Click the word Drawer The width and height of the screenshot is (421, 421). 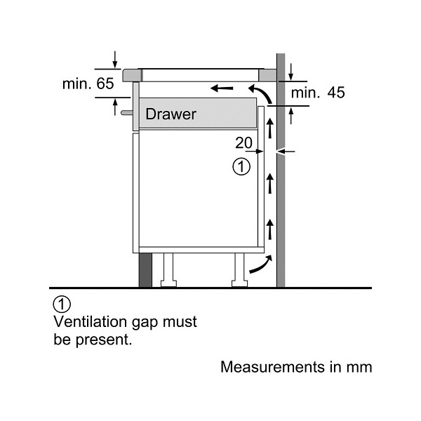pos(171,114)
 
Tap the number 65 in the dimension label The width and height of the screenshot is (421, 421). pos(105,83)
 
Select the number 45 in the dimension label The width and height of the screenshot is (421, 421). pos(336,93)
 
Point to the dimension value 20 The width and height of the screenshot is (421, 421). pos(243,143)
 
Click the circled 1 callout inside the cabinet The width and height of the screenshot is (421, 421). pos(241,166)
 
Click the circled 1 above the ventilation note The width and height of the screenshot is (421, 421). pos(62,305)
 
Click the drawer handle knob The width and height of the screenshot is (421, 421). pos(127,113)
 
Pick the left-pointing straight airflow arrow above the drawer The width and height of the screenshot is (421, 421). pos(222,88)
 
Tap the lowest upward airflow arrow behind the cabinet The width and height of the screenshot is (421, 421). pos(270,229)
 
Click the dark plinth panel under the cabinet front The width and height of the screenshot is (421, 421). pos(145,270)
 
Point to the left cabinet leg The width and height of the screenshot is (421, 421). pos(168,270)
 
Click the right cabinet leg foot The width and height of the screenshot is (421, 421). pos(240,283)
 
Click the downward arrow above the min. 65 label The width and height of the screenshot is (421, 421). pos(115,60)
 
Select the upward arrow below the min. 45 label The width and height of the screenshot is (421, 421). pos(291,116)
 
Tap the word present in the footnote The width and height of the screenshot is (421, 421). pos(104,340)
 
